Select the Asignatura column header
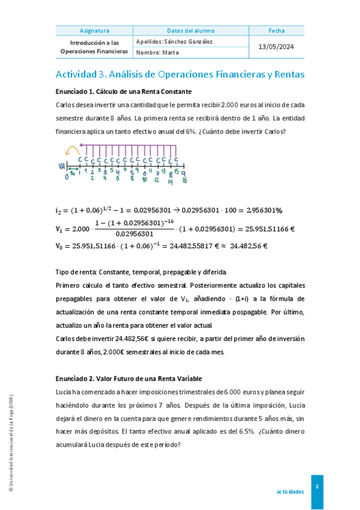(x=94, y=31)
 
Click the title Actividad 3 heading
(x=180, y=75)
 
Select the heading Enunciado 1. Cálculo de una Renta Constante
(x=123, y=91)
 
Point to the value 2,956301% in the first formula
(x=260, y=210)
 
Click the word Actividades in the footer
(x=290, y=491)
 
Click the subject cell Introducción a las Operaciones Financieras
(x=94, y=47)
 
